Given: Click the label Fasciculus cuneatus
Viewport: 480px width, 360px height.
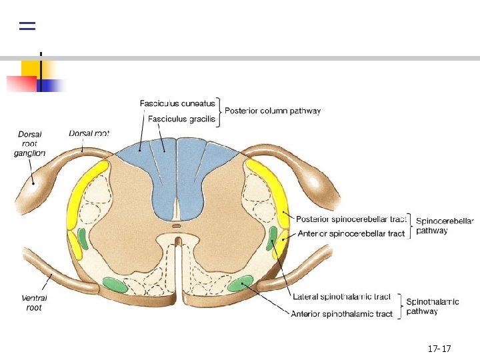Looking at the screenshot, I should point(177,103).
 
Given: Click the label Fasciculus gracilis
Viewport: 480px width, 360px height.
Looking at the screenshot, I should point(181,119).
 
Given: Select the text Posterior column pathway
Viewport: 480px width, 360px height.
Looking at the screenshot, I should point(273,111).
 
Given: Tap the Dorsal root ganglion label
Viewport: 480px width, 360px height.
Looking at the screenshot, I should point(29,144).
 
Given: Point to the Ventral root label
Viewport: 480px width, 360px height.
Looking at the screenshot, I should point(33,303).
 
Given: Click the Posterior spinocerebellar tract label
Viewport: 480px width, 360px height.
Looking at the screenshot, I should point(351,219).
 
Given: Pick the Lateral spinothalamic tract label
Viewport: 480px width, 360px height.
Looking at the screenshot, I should point(342,297).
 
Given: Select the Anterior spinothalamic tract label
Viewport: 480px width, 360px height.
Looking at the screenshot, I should point(342,313).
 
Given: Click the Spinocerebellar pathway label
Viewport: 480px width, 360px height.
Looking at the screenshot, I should point(445,225).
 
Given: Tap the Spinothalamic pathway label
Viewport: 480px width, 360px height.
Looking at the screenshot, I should point(433,306).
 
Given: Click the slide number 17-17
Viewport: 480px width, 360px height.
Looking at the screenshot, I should point(439,349).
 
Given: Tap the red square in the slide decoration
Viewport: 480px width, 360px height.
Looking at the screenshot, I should point(21,83).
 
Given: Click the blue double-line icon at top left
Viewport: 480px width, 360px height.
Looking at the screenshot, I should point(27,26).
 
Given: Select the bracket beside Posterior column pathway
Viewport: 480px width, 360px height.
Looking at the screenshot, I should point(219,111).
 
